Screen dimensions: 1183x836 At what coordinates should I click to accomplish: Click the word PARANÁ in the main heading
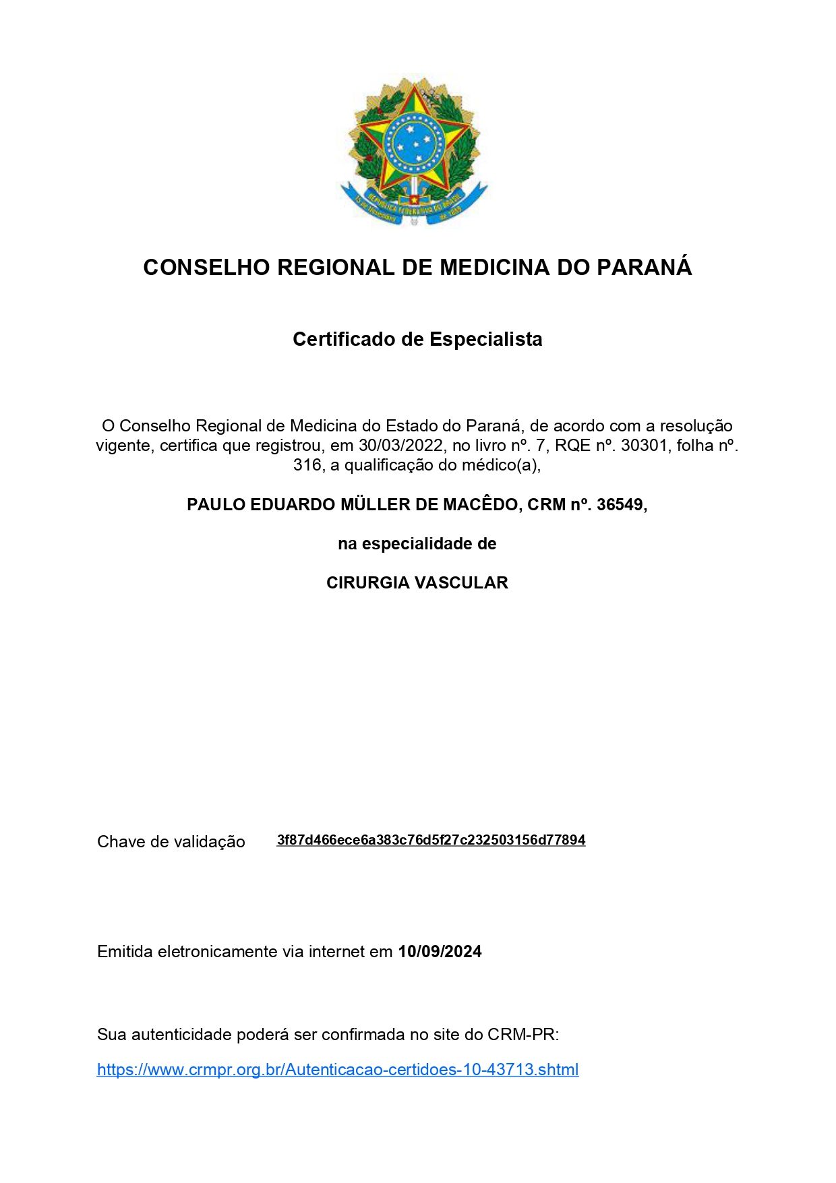(645, 268)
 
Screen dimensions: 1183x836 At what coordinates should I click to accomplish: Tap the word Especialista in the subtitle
(486, 339)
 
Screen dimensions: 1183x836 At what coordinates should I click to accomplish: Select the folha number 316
(307, 465)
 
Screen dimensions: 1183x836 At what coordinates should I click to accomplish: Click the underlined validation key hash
(431, 840)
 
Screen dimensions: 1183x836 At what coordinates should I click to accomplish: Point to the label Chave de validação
(171, 842)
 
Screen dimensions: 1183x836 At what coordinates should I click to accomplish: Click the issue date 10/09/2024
(440, 952)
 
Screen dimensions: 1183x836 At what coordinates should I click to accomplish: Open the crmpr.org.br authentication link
(338, 1070)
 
